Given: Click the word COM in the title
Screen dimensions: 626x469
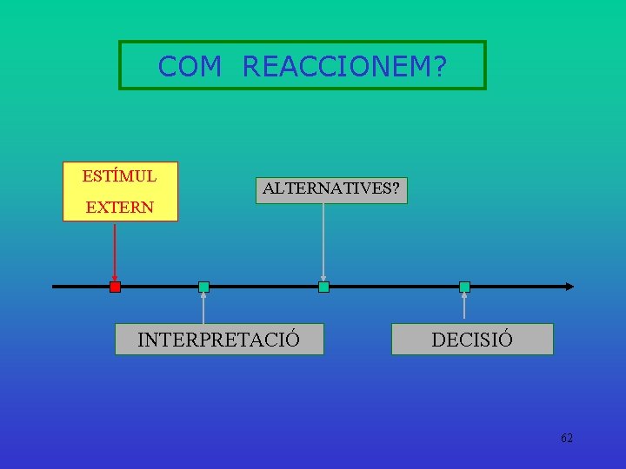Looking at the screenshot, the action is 190,66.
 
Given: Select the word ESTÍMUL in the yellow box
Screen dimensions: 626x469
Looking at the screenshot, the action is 119,176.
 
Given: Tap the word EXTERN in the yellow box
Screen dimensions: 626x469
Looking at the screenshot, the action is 119,208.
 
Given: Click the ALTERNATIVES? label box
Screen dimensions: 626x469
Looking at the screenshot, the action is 331,188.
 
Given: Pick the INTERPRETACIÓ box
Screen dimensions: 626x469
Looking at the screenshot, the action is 219,339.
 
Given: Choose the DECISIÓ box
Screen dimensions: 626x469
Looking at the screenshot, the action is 472,339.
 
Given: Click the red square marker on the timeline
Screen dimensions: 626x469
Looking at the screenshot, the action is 115,287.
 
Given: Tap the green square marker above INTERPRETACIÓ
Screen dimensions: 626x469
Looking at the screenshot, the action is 203,287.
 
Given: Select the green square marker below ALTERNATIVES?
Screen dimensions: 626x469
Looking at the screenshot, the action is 323,287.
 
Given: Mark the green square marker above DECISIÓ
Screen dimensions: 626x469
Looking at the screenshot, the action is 464,287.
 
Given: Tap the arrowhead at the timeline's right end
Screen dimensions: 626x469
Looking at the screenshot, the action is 569,286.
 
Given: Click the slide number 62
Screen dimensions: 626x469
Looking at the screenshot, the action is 567,438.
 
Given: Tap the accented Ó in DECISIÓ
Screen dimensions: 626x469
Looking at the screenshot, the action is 505,339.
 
